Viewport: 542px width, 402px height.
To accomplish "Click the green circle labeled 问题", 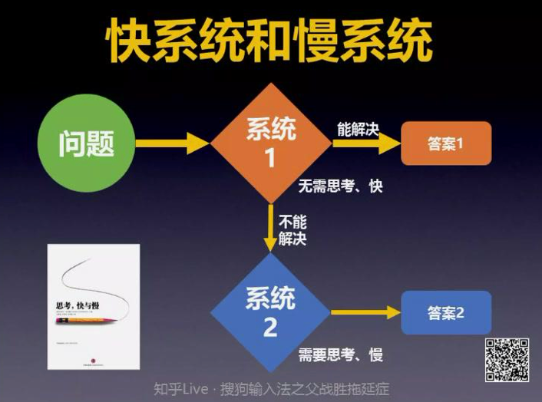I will coord(87,143).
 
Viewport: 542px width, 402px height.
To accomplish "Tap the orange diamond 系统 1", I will coord(270,143).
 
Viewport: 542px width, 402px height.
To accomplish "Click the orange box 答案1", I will coord(446,143).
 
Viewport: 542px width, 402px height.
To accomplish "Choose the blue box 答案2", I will coord(446,312).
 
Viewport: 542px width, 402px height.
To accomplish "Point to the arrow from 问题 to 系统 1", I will coord(172,143).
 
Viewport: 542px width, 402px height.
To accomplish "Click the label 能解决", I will coord(358,128).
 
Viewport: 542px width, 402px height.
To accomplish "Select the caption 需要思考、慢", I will coord(340,355).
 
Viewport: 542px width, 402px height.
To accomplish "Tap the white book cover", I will coord(94,307).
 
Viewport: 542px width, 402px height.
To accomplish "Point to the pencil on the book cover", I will coord(87,316).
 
